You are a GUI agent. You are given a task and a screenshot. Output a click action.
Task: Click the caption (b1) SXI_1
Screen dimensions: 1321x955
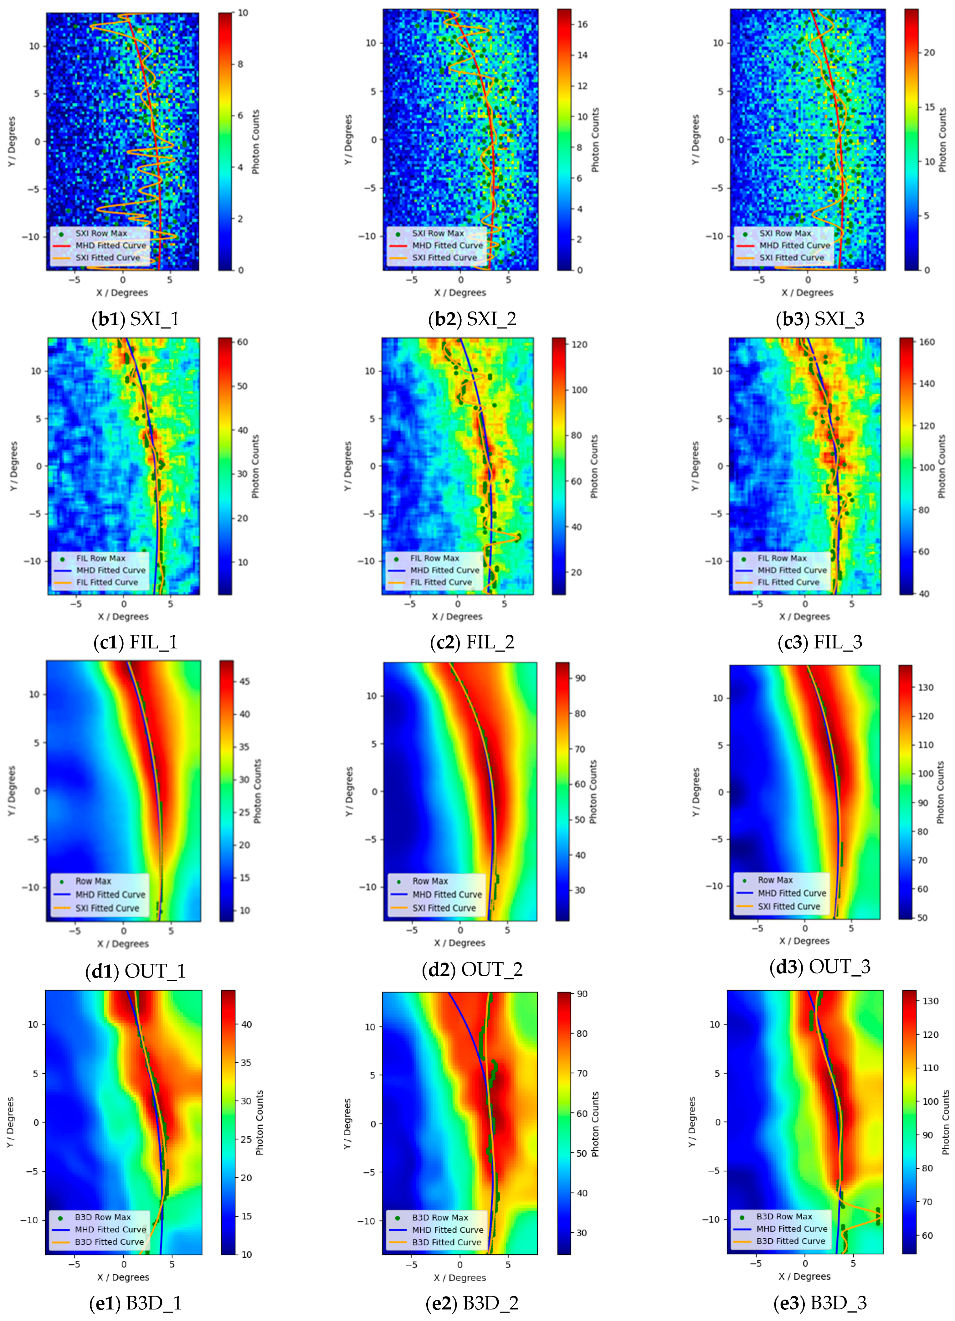135,319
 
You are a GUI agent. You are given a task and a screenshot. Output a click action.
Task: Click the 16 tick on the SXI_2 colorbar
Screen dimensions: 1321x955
582,24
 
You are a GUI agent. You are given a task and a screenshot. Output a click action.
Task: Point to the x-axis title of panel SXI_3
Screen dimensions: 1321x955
807,292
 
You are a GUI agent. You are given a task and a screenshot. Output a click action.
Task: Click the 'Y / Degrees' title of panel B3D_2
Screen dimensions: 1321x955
348,1123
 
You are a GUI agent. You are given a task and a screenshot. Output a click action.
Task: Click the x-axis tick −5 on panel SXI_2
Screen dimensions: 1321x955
412,280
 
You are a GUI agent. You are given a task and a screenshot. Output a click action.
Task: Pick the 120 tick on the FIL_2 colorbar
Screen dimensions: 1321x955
579,344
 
